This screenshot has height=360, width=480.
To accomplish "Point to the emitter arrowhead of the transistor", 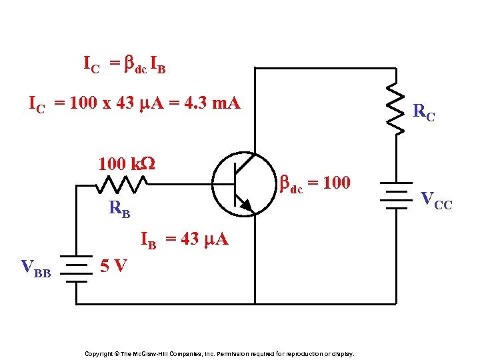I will pos(246,205).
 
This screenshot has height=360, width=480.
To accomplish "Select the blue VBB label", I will pos(36,269).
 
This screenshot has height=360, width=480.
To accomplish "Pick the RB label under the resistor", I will pos(119,209).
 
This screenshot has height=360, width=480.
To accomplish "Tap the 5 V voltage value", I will pos(113,266).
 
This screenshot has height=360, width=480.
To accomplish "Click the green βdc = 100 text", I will pos(314,183).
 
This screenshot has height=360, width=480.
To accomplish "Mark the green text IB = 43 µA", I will pos(184,240).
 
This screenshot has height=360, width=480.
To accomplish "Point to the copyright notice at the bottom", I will pos(219,353).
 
